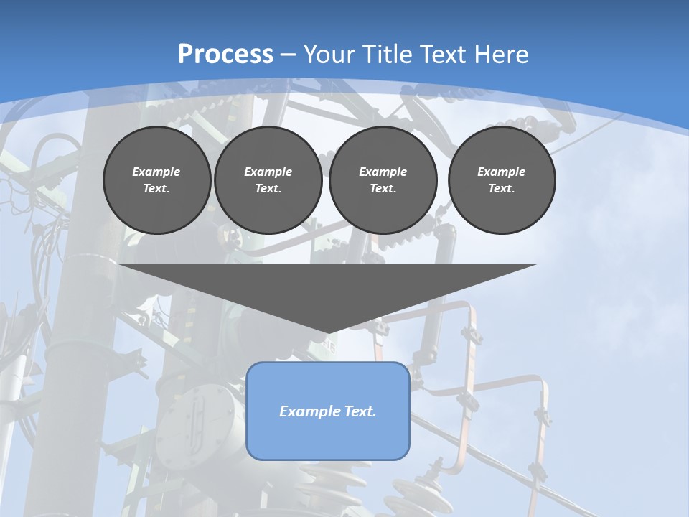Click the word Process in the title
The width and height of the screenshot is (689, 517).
click(225, 55)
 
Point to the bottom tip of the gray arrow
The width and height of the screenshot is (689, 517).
click(328, 332)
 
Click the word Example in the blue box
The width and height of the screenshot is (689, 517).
click(307, 411)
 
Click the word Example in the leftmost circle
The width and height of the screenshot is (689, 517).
click(156, 172)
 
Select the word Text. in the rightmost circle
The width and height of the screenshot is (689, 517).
click(502, 188)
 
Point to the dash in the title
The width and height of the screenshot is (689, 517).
click(289, 55)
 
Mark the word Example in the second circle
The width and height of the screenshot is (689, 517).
click(268, 172)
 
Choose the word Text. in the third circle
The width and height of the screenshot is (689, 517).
click(383, 188)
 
